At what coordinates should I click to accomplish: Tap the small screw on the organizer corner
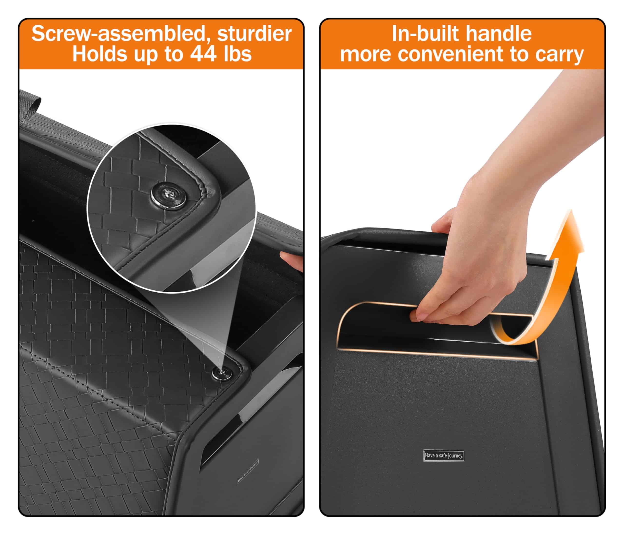222,374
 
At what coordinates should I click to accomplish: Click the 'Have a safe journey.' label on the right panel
444,456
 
